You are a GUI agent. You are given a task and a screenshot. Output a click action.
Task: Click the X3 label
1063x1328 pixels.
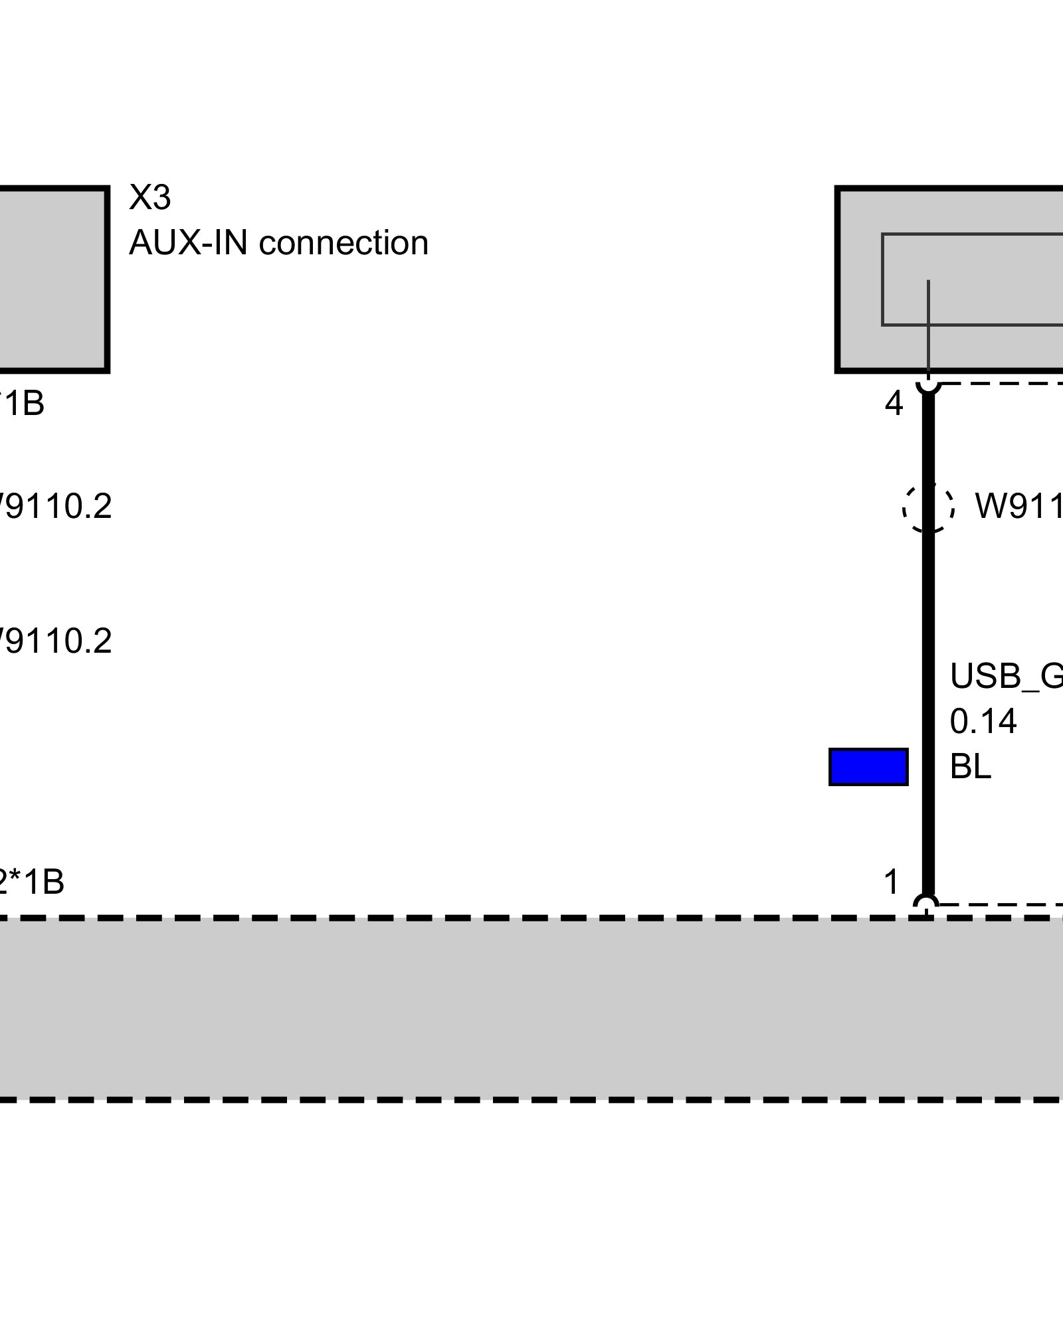tap(149, 197)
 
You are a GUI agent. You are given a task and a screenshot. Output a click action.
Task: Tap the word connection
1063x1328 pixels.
tap(343, 243)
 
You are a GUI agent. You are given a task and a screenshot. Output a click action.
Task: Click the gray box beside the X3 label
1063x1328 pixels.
tap(53, 280)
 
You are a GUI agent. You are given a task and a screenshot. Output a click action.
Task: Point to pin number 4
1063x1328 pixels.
tap(894, 404)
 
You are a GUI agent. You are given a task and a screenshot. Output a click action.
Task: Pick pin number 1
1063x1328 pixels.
tap(892, 882)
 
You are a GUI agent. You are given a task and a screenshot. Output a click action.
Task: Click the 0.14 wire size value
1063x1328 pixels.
tap(983, 722)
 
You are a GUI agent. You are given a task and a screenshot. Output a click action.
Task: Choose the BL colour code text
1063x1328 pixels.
tap(970, 767)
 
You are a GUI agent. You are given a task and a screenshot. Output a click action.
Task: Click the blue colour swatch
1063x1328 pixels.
tap(868, 767)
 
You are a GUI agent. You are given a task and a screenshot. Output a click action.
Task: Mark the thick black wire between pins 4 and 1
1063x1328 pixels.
tap(928, 631)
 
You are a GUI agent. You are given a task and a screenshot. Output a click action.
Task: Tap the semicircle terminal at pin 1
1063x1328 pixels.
tap(926, 902)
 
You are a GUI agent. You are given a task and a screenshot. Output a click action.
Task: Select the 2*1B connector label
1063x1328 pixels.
tap(32, 882)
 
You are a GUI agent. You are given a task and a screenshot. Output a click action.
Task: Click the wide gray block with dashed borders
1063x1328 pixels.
tap(531, 1009)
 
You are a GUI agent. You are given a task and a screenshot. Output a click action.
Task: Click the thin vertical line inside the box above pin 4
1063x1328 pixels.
tap(928, 319)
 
